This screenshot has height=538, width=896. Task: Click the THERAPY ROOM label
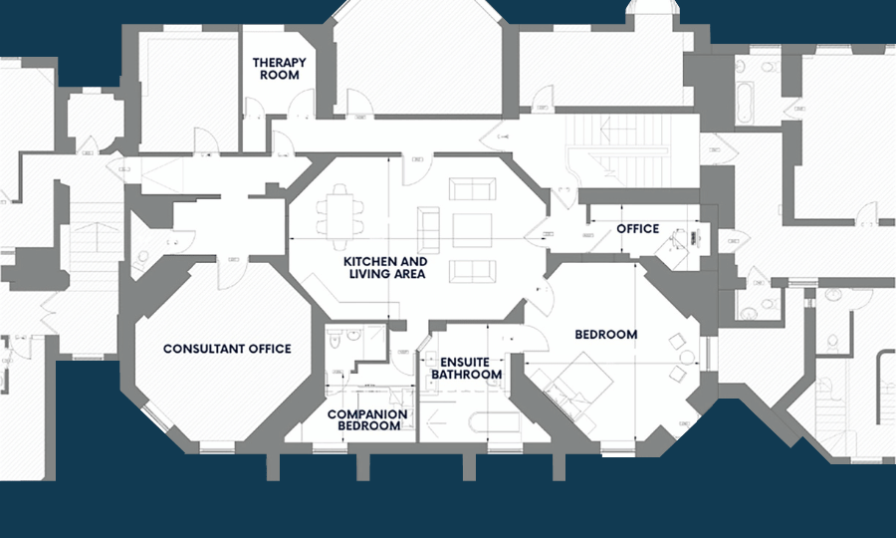(x=279, y=68)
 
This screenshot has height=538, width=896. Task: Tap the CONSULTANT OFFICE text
(x=227, y=349)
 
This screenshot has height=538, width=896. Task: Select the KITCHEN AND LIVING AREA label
(x=385, y=267)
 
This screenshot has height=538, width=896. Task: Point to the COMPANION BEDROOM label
(x=367, y=419)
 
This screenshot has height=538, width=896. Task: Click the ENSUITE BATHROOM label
(x=466, y=368)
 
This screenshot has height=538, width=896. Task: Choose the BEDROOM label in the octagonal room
(x=605, y=335)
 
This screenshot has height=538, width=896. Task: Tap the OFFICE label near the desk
(x=637, y=229)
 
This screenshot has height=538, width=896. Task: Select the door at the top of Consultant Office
(x=237, y=256)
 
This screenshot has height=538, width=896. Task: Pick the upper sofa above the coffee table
(x=470, y=189)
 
